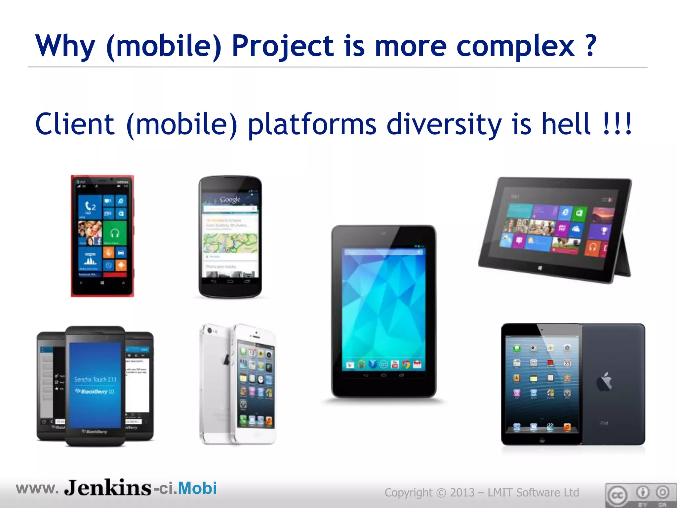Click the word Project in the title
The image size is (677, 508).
(x=283, y=46)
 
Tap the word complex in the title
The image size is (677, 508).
(x=515, y=46)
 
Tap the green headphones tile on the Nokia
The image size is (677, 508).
(x=114, y=233)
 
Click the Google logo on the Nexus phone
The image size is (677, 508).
(x=230, y=199)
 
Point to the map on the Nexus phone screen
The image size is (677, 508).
(x=230, y=243)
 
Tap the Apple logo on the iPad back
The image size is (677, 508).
(x=604, y=382)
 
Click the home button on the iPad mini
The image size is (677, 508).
(x=542, y=440)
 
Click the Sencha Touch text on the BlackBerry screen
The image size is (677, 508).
(x=95, y=379)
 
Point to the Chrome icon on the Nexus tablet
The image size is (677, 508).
(x=406, y=365)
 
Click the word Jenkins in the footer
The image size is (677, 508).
(x=108, y=488)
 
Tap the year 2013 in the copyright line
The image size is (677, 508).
(x=462, y=493)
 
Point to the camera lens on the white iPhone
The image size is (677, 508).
(x=209, y=331)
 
